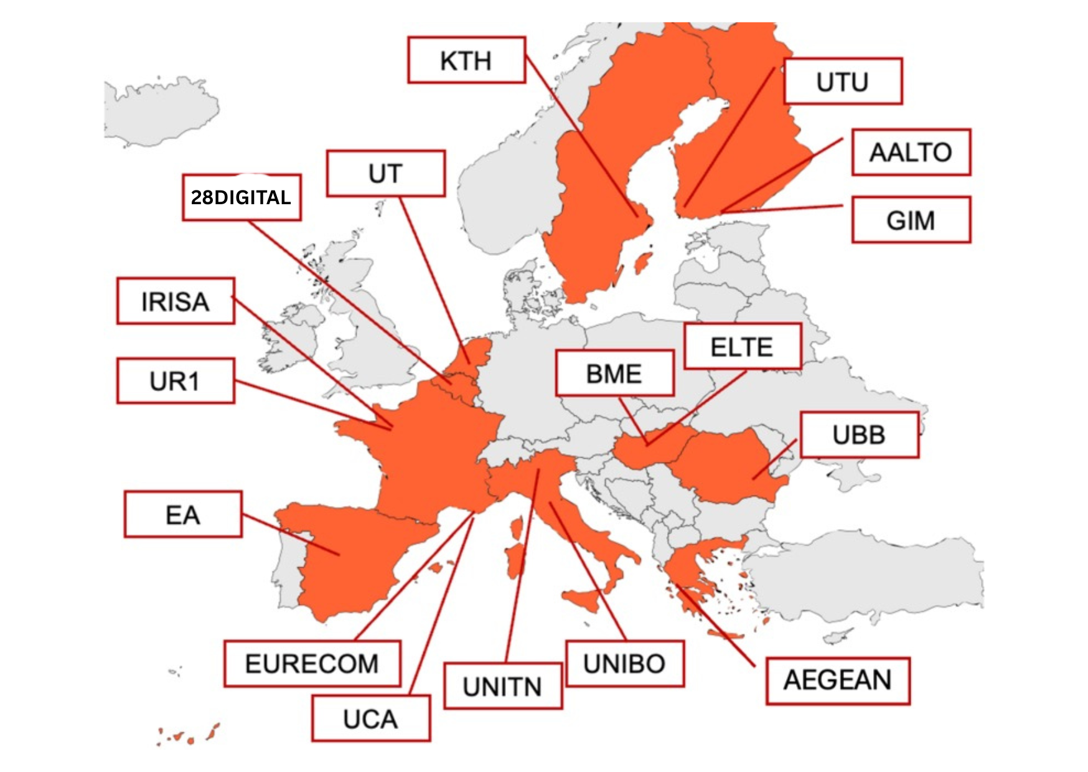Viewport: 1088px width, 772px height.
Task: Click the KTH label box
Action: [x=466, y=60]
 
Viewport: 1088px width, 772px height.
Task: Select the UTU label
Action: [x=842, y=82]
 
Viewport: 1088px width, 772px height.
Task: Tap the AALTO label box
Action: [x=911, y=153]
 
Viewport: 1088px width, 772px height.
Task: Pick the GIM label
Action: [x=911, y=220]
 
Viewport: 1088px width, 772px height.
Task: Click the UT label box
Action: [x=385, y=174]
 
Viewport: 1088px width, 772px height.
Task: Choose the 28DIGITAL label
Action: [x=242, y=197]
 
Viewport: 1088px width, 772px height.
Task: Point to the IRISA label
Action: [x=176, y=301]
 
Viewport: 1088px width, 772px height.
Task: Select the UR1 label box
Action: [x=176, y=380]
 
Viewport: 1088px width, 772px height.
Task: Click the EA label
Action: [x=183, y=514]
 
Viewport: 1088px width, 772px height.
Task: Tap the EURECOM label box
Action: [x=312, y=664]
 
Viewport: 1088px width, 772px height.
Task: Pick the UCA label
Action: [x=370, y=718]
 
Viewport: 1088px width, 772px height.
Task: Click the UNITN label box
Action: [x=503, y=686]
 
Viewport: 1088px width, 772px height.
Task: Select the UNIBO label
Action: [x=625, y=664]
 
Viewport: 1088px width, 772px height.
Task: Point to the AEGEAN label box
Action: [x=837, y=680]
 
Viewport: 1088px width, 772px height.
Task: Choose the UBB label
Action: [x=859, y=435]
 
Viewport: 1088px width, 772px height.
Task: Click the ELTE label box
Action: [x=742, y=347]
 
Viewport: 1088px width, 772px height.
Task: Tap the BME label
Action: [x=614, y=374]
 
